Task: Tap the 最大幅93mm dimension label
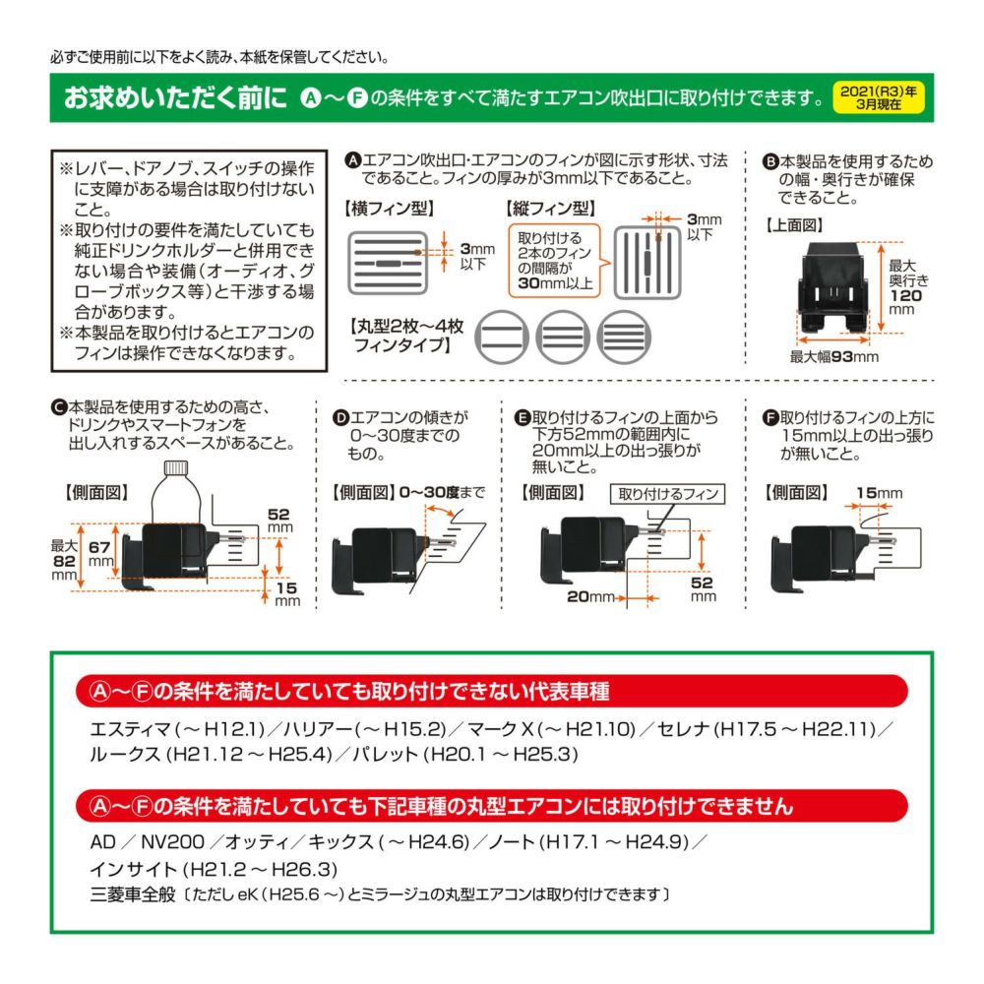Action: [x=834, y=357]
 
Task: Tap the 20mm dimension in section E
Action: [x=590, y=596]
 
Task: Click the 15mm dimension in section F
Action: [x=878, y=493]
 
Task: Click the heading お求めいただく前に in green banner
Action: [x=175, y=98]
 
